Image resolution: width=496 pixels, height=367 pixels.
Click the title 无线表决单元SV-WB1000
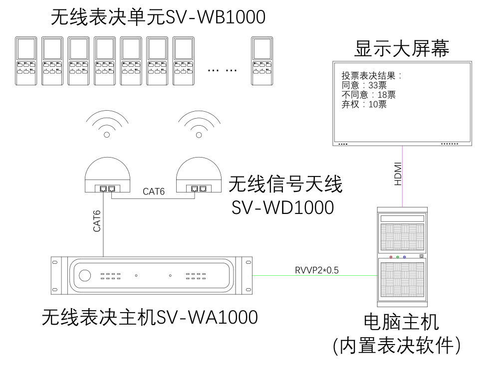[158, 18]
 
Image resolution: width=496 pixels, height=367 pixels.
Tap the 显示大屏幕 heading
[402, 49]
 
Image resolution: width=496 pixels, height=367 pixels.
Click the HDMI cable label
[398, 174]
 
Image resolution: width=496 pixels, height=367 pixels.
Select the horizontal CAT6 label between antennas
[154, 191]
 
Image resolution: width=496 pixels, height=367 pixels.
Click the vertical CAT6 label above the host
[98, 220]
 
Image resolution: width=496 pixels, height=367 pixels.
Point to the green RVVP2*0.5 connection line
[314, 275]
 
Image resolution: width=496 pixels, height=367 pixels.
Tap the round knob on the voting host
[85, 275]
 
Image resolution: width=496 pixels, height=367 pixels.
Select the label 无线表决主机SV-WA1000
[150, 316]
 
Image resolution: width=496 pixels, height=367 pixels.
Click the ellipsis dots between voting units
[222, 70]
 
